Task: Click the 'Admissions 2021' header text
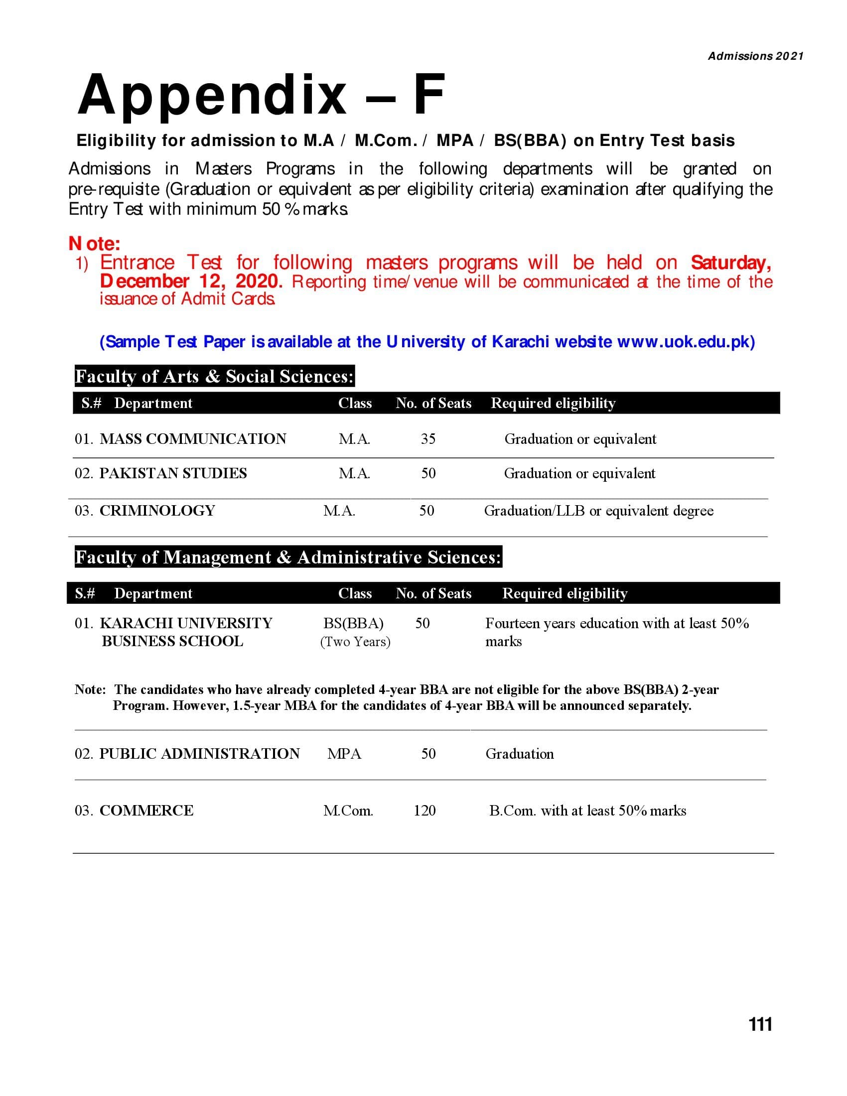(755, 56)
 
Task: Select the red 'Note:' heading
(94, 244)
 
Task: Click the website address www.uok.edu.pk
(686, 342)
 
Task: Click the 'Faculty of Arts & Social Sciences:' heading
(214, 376)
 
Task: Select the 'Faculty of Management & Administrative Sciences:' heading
(288, 557)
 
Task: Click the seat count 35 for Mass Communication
(428, 439)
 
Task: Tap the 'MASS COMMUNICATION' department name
(193, 439)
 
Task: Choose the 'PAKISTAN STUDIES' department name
(172, 473)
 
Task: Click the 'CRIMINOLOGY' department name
(157, 511)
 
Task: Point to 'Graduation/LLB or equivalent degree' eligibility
(598, 511)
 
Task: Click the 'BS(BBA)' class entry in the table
(353, 623)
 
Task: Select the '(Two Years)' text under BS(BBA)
(355, 642)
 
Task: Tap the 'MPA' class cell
(344, 754)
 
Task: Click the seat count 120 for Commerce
(424, 811)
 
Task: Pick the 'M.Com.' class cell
(348, 811)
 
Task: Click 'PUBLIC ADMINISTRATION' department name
(199, 754)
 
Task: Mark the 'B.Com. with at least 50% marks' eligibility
(587, 811)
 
